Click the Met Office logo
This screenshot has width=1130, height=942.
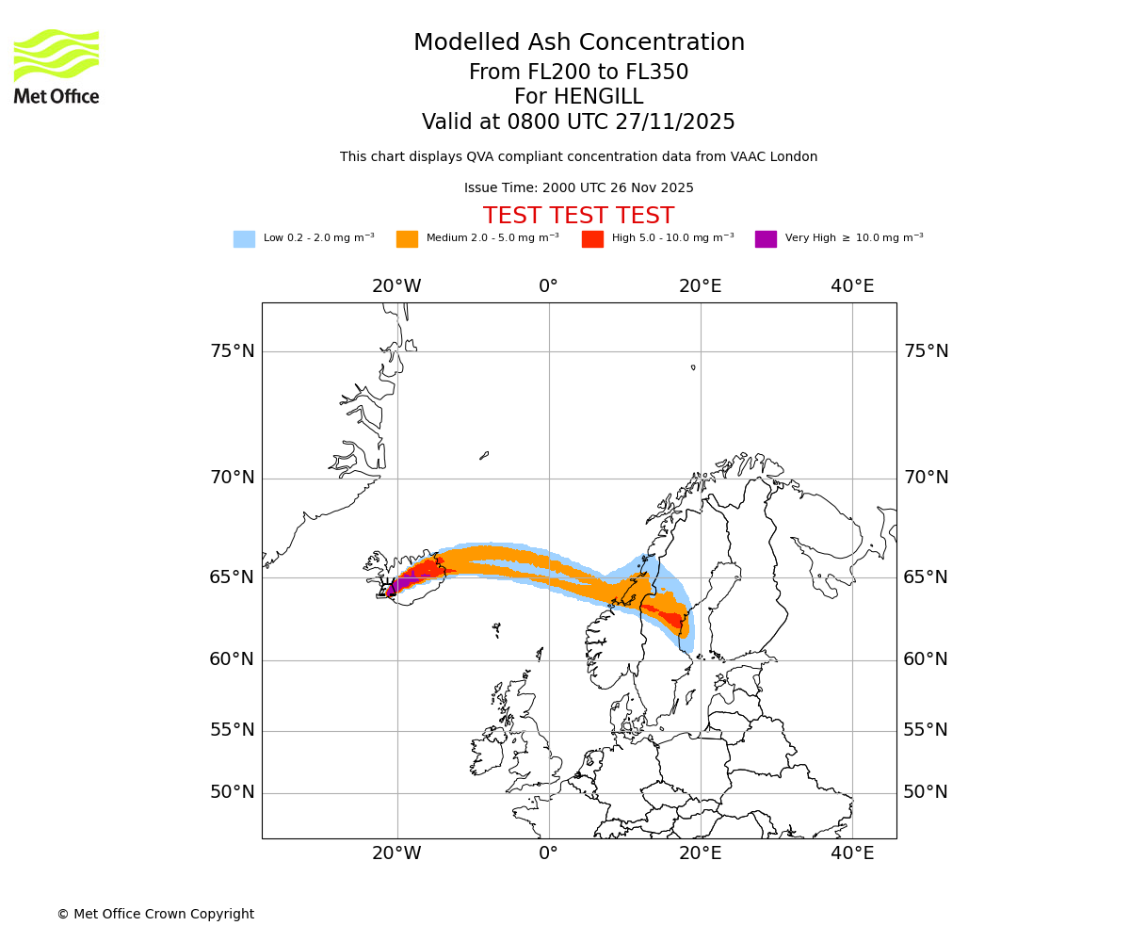coord(56,66)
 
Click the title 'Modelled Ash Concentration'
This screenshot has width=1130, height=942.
coord(578,43)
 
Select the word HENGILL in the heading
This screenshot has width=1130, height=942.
coord(597,97)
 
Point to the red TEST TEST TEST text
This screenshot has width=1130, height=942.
coord(578,217)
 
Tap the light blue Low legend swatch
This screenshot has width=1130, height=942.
coord(244,239)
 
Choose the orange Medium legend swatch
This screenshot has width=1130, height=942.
coord(407,239)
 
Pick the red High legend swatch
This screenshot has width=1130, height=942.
coord(592,239)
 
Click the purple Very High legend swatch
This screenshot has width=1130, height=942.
coord(766,239)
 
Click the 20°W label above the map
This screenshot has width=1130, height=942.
coord(396,286)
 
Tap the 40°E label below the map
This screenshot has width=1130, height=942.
coord(852,853)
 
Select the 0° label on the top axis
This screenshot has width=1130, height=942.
coord(548,286)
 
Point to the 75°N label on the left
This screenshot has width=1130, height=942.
coord(232,351)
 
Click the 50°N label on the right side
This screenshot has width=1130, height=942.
coord(926,792)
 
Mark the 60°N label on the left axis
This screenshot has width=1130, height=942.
coord(232,659)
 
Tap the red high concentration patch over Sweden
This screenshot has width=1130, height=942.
coord(672,619)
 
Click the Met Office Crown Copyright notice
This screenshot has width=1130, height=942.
coord(155,915)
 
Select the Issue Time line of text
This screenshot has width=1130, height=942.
coord(578,188)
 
